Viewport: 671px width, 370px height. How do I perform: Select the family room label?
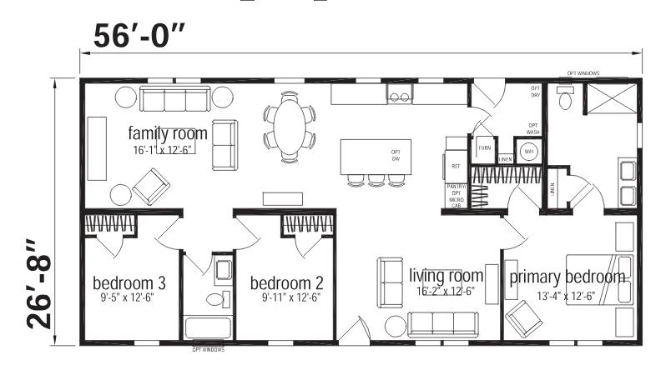[x=167, y=133]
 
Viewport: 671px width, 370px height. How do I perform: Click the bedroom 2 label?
[x=286, y=280]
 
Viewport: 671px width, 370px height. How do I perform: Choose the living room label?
[x=446, y=275]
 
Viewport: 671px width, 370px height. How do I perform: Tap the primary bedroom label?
[x=567, y=277]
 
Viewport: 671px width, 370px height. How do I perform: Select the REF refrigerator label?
[x=457, y=166]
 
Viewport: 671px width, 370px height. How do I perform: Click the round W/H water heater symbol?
[x=528, y=152]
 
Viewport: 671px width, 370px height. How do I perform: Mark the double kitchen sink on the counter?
[x=398, y=97]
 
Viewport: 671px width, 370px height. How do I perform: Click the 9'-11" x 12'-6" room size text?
[x=286, y=296]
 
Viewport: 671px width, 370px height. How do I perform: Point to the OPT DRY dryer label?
[x=535, y=92]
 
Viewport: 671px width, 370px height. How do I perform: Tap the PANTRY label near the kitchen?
[x=457, y=187]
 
